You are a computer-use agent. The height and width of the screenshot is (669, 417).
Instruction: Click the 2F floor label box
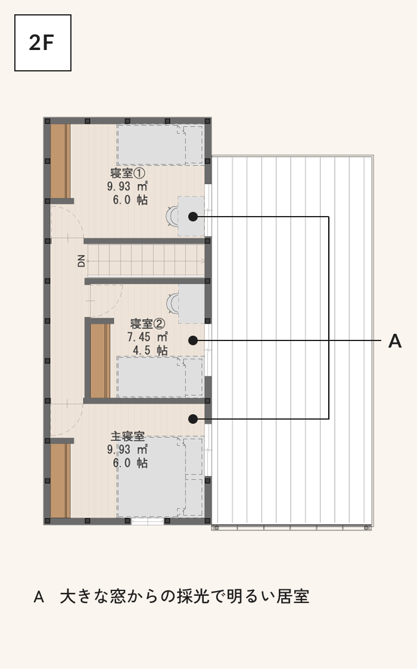pyautogui.click(x=43, y=43)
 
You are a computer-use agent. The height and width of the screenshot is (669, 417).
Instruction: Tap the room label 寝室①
pyautogui.click(x=128, y=173)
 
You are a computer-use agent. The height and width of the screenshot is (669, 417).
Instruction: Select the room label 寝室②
pyautogui.click(x=148, y=323)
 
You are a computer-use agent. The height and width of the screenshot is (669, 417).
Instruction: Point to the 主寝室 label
pyautogui.click(x=128, y=436)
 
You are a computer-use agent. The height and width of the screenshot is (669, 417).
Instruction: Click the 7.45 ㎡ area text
pyautogui.click(x=148, y=337)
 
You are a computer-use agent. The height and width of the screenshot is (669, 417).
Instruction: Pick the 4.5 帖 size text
pyautogui.click(x=150, y=351)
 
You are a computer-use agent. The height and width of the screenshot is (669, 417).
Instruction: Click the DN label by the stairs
pyautogui.click(x=81, y=261)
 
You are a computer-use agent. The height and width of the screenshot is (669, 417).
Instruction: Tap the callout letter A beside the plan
pyautogui.click(x=395, y=341)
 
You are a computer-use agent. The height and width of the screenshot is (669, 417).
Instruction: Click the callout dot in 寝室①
pyautogui.click(x=193, y=217)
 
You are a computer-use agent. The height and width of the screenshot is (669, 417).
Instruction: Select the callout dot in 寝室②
pyautogui.click(x=193, y=340)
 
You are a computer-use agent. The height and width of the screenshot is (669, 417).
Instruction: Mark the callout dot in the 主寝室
pyautogui.click(x=193, y=419)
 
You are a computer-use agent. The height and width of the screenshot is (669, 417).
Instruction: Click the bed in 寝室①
pyautogui.click(x=160, y=144)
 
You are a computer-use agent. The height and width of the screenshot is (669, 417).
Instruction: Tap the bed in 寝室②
pyautogui.click(x=160, y=377)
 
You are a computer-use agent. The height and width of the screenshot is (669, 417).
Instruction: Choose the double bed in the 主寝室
pyautogui.click(x=160, y=476)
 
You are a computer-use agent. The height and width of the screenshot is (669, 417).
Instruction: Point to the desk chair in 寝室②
pyautogui.click(x=172, y=304)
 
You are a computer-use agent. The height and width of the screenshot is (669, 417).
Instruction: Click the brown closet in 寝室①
pyautogui.click(x=60, y=161)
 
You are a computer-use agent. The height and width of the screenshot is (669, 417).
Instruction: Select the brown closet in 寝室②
pyautogui.click(x=100, y=361)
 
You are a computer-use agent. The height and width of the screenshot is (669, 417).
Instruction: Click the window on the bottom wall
pyautogui.click(x=147, y=521)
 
